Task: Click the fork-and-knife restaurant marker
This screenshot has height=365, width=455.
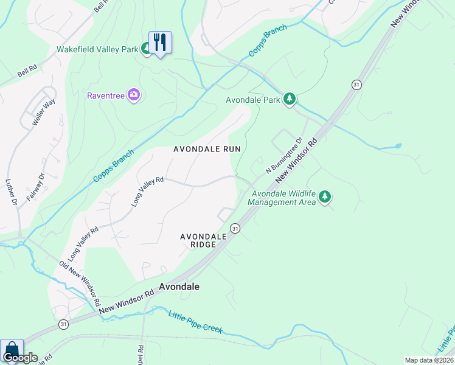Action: point(160,43)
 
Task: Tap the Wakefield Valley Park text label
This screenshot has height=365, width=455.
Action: point(97,49)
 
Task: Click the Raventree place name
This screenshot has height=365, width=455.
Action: point(106,96)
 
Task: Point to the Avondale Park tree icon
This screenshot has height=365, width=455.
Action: point(290,99)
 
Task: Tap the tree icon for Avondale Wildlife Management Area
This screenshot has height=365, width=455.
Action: point(325,196)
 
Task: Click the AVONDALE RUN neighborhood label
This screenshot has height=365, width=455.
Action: point(207,149)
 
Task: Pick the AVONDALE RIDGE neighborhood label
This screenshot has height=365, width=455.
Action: point(198,240)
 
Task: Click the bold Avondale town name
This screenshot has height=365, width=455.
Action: point(179,286)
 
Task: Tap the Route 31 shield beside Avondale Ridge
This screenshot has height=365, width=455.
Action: point(235,228)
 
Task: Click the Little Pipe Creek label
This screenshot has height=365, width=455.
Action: point(195,321)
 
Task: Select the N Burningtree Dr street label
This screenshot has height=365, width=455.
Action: point(283,156)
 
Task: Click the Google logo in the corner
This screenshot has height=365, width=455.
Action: point(19,358)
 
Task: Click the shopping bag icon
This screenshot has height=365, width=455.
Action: point(11,350)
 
